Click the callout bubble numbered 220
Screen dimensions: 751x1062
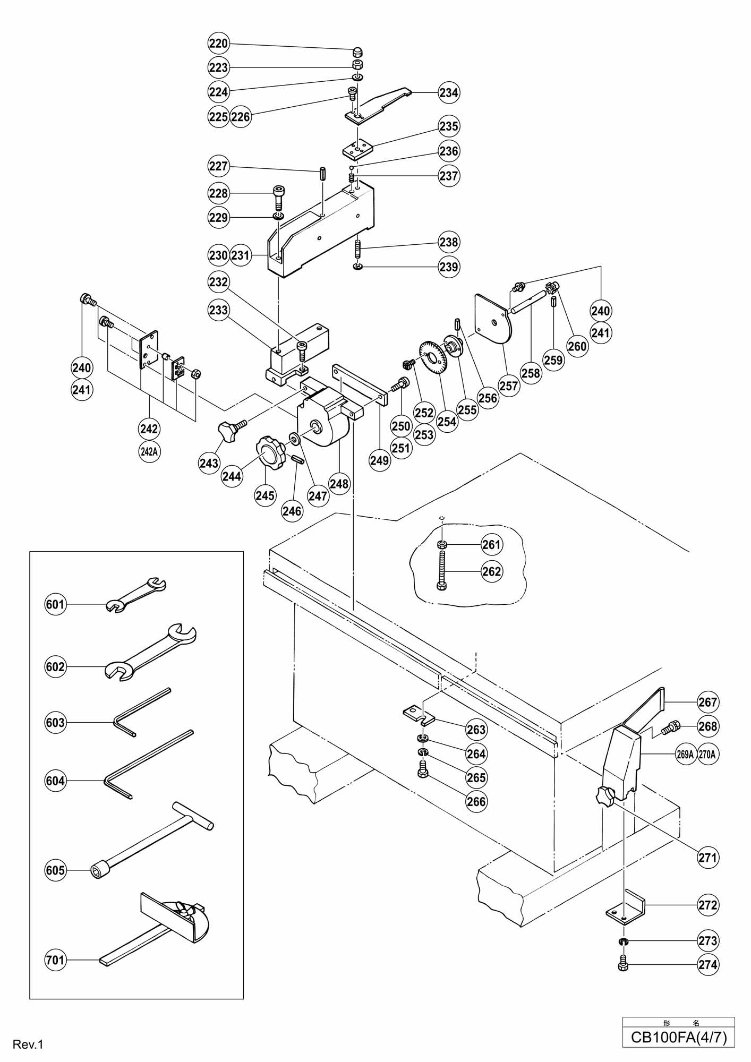[218, 44]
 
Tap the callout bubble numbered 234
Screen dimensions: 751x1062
[449, 92]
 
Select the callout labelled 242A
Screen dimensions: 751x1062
[149, 452]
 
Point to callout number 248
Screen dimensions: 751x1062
[339, 483]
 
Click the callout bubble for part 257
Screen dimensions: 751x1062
[509, 386]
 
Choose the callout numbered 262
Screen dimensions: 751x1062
[492, 571]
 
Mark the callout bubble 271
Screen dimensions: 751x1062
[708, 857]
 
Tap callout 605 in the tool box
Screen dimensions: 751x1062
[56, 870]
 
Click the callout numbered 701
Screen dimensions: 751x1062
[56, 960]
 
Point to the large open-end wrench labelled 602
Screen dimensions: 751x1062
[150, 652]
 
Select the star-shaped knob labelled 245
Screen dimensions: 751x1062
[271, 452]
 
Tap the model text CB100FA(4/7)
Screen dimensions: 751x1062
[678, 1037]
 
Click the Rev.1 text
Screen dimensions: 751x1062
[28, 1044]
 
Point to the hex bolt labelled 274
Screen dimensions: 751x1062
[624, 964]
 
